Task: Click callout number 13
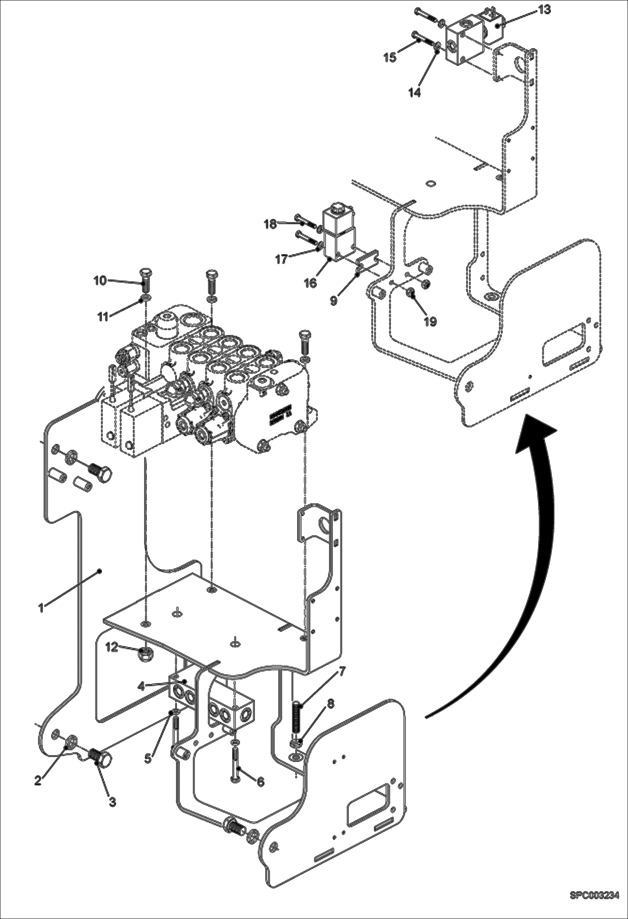(545, 10)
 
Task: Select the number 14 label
(415, 93)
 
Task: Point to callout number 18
(270, 224)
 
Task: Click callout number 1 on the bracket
(41, 608)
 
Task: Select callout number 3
(112, 802)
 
